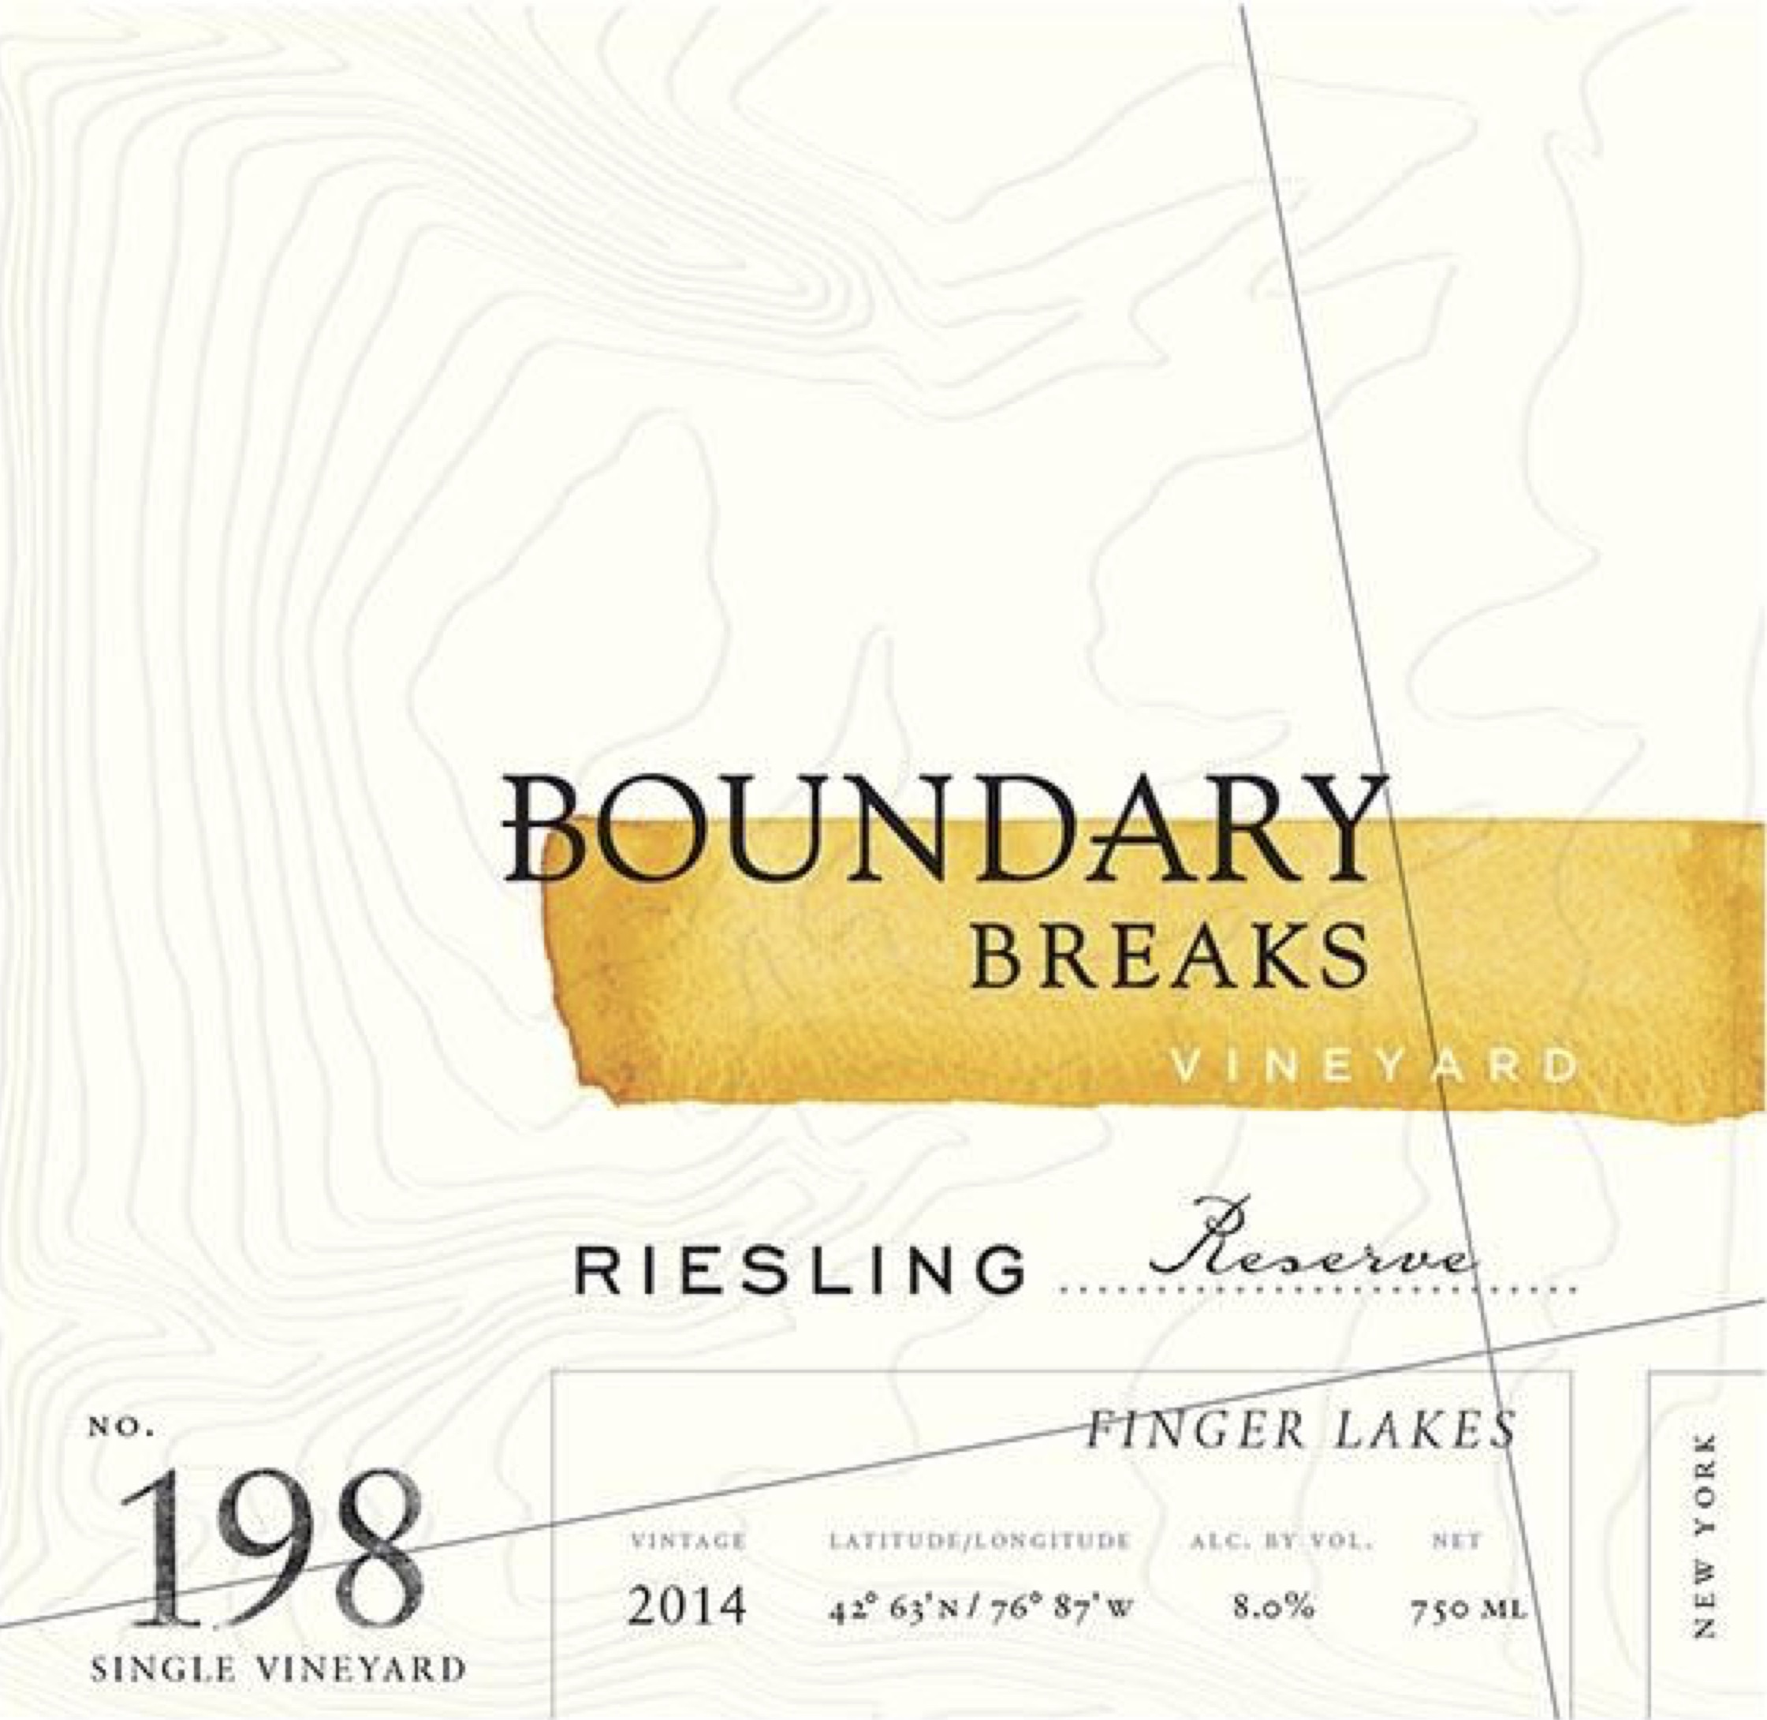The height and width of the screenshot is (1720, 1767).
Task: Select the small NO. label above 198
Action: [122, 1430]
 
